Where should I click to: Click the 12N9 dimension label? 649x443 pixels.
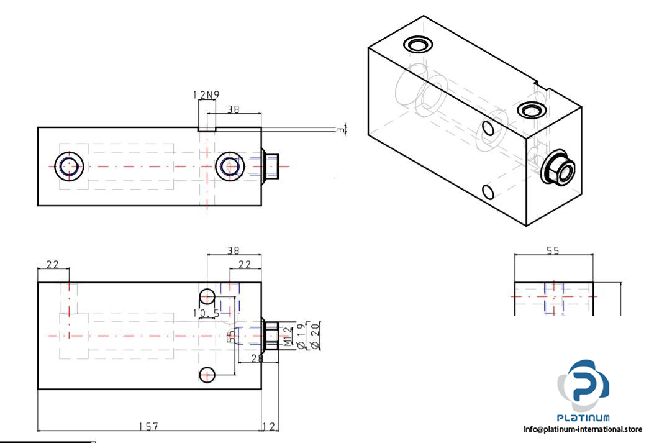206,94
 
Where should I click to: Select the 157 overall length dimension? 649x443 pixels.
148,426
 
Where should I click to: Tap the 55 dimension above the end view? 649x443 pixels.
553,251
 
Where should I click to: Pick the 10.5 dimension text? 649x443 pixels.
206,313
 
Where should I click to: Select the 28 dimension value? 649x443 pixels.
255,358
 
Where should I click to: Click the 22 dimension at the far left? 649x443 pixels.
53,264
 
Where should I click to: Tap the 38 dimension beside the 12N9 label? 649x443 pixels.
233,109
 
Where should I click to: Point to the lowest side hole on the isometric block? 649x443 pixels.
488,191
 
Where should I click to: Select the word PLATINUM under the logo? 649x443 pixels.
584,418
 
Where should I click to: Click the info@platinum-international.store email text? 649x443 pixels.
582,429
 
